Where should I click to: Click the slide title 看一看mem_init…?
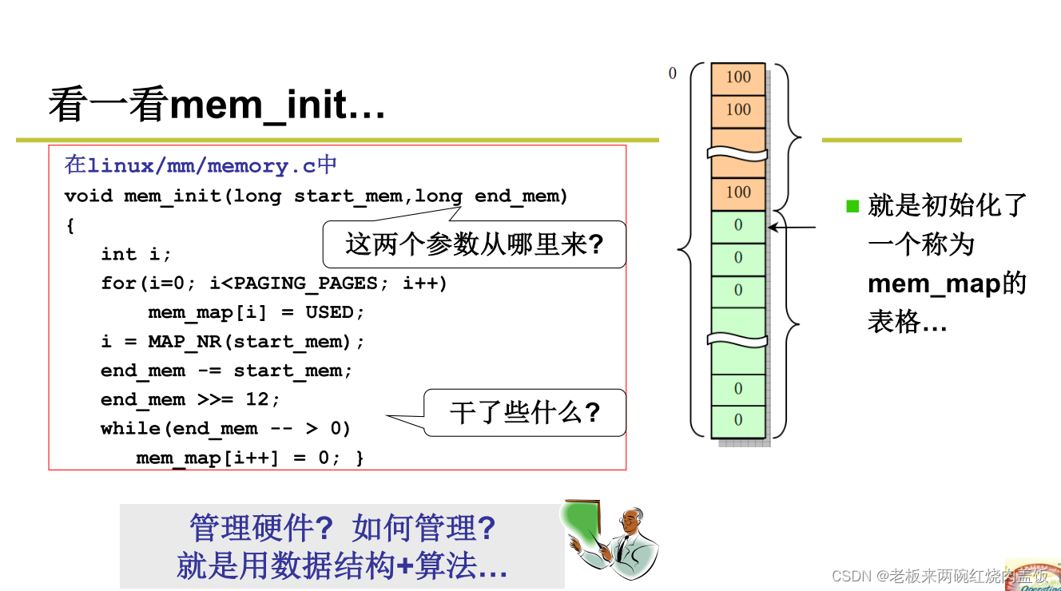pyautogui.click(x=217, y=105)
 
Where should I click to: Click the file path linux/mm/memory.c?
pyautogui.click(x=201, y=166)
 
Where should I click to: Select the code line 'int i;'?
pyautogui.click(x=136, y=254)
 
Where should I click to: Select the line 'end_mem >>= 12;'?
pyautogui.click(x=190, y=399)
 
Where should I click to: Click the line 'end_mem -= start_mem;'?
pyautogui.click(x=226, y=371)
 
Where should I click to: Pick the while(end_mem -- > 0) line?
pyautogui.click(x=225, y=429)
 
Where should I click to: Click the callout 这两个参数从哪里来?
pyautogui.click(x=474, y=244)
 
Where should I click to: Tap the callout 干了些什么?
pyautogui.click(x=524, y=413)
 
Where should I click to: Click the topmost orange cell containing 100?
pyautogui.click(x=738, y=77)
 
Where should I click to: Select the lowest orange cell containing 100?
pyautogui.click(x=738, y=192)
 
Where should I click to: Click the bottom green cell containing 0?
pyautogui.click(x=738, y=420)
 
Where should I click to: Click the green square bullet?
pyautogui.click(x=852, y=206)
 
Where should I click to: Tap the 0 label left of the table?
pyautogui.click(x=672, y=73)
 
